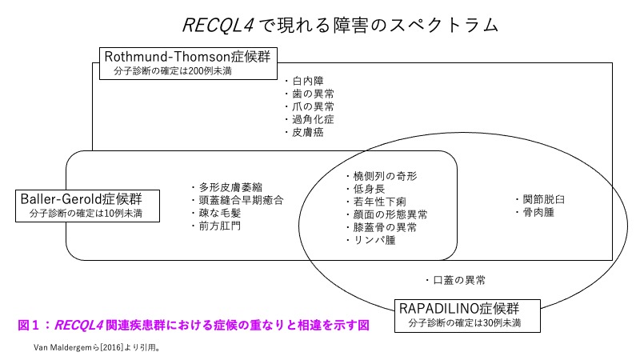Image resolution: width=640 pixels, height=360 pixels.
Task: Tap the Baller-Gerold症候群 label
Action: [87, 198]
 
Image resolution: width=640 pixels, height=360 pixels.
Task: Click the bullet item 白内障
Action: [308, 80]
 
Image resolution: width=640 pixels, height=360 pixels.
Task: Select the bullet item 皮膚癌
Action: [308, 132]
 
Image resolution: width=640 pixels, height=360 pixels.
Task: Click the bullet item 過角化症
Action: [313, 119]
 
